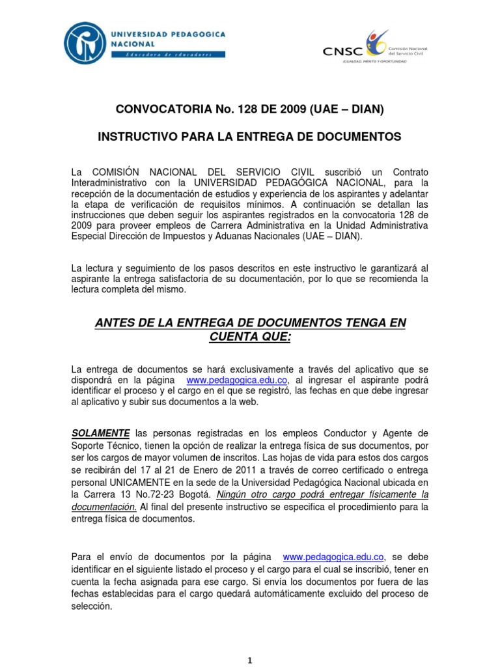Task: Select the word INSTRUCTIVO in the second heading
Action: [134, 137]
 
